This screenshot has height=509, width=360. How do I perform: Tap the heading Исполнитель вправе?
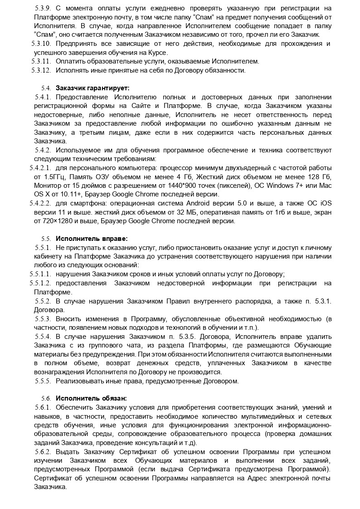coord(85,239)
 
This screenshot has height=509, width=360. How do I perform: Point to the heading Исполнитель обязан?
coord(85,398)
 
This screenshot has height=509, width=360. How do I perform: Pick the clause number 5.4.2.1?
coord(40,167)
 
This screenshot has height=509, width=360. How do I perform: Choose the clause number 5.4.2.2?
coord(40,203)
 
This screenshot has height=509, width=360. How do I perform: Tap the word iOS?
coord(324,203)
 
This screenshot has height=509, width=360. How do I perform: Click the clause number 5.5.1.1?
coord(40,274)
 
